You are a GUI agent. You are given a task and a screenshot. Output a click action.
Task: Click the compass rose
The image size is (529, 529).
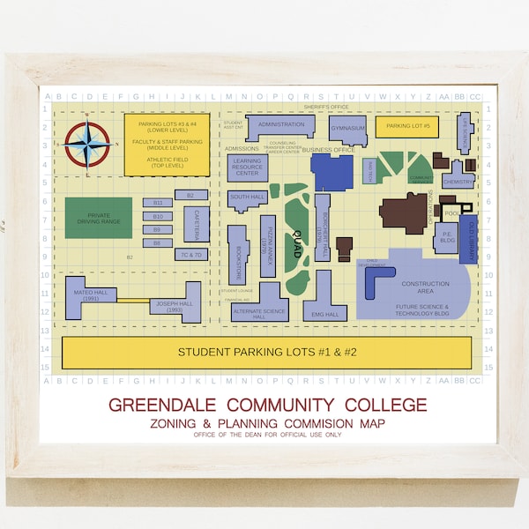[88, 144]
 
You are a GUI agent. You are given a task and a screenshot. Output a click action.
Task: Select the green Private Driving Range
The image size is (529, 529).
[98, 217]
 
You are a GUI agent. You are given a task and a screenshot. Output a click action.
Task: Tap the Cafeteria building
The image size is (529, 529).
[196, 223]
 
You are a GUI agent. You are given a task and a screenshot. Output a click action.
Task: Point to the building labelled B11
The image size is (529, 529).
[158, 203]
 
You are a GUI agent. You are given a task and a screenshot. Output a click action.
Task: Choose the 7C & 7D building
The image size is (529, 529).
[191, 255]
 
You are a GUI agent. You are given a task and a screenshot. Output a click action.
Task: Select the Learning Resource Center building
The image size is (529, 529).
[248, 168]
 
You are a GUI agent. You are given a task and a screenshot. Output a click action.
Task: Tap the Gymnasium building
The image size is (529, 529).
[347, 129]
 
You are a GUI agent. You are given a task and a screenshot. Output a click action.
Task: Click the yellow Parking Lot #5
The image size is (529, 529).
[406, 127]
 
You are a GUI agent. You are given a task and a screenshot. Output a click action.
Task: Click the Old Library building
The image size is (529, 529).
[468, 237]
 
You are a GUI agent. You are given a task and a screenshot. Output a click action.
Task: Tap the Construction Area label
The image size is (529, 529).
[425, 284]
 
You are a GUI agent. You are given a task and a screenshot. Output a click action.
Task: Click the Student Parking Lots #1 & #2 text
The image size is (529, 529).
[268, 352]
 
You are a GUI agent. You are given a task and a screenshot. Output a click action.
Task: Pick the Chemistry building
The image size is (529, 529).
[458, 181]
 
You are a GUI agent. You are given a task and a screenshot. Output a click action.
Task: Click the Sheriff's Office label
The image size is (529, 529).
[327, 107]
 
